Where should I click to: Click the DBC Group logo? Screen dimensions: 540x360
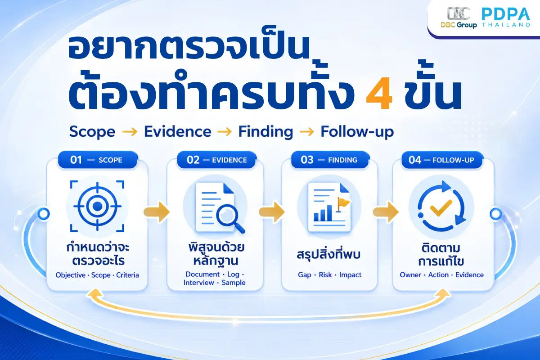[459, 18]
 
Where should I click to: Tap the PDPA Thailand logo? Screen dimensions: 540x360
[506, 17]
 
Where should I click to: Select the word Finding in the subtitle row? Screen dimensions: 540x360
[265, 132]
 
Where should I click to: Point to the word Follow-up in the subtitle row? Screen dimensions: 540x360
[357, 132]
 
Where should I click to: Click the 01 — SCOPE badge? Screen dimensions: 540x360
[98, 160]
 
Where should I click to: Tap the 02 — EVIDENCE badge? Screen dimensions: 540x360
[216, 160]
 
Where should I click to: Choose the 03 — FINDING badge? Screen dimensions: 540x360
[329, 160]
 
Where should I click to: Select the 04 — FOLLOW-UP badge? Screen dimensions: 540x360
[442, 160]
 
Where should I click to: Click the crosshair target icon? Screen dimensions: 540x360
[97, 207]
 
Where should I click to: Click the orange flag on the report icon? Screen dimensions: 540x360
[342, 204]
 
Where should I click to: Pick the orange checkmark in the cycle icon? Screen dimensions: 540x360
[441, 207]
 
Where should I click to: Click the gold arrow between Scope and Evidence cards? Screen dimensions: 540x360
[157, 212]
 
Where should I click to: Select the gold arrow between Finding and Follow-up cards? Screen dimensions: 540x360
[386, 212]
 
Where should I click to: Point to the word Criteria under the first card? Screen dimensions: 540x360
[127, 275]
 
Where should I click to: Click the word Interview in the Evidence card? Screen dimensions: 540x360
[198, 283]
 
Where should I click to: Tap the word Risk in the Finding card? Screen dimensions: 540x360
[325, 275]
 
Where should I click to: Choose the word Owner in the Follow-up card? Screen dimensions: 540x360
[410, 275]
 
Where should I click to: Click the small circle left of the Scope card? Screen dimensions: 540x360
[44, 214]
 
